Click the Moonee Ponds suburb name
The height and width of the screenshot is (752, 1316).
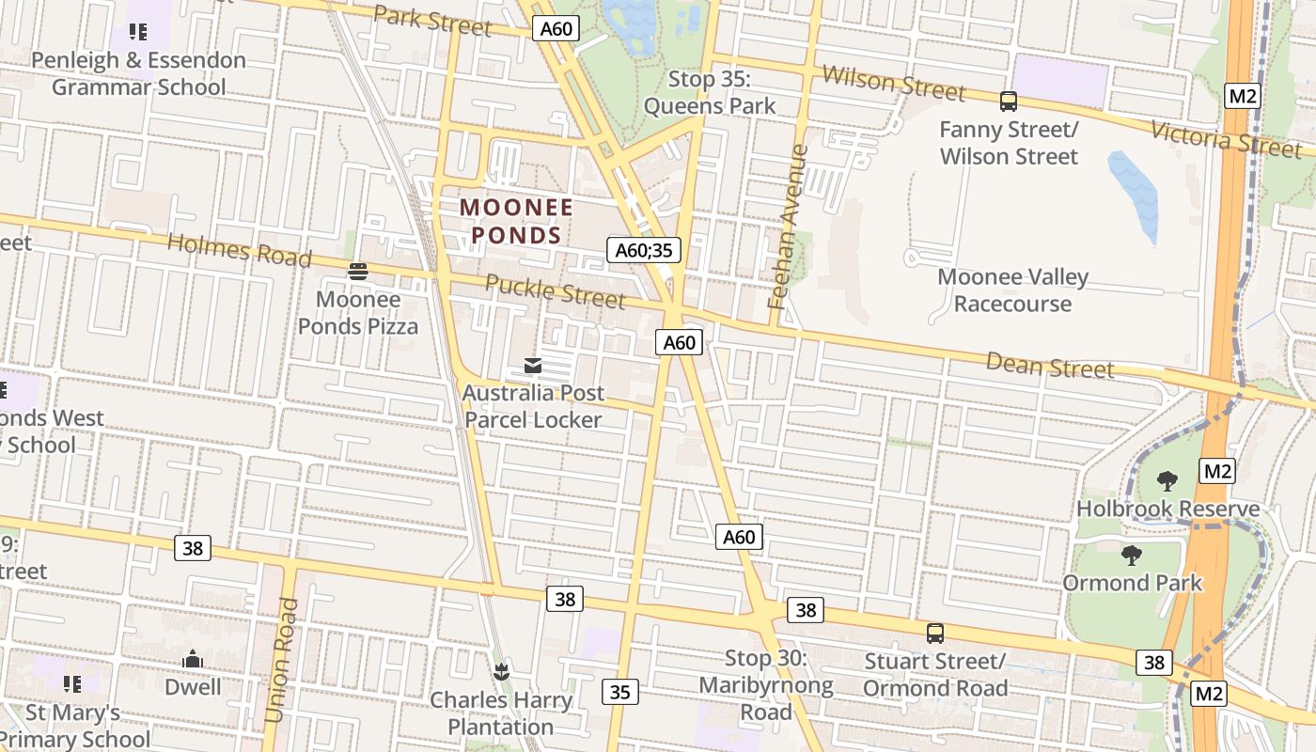(x=516, y=220)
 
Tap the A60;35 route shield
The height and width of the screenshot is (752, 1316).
(x=644, y=250)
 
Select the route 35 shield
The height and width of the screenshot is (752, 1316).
(x=619, y=692)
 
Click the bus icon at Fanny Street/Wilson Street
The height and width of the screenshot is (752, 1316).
(x=1009, y=101)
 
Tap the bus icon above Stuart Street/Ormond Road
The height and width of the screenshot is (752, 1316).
(x=934, y=633)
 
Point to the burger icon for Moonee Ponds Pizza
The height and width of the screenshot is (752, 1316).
(x=357, y=273)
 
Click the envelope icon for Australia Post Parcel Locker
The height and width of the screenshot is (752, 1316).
(x=533, y=366)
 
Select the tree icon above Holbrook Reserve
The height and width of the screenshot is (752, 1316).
(x=1167, y=481)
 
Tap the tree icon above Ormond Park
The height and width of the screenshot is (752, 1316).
(x=1132, y=556)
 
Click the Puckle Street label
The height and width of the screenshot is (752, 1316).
(x=555, y=291)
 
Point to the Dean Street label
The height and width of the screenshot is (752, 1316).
(x=1049, y=366)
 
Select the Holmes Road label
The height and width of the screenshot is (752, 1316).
(x=239, y=250)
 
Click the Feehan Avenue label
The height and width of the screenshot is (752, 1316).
(x=788, y=227)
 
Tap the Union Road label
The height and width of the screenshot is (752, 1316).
(x=281, y=660)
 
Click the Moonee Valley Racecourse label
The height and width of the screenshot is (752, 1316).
(x=1012, y=290)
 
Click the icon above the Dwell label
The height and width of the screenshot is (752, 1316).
(x=193, y=659)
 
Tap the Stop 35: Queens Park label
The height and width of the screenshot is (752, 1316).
(x=710, y=92)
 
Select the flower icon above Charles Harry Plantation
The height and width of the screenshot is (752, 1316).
(x=500, y=671)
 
